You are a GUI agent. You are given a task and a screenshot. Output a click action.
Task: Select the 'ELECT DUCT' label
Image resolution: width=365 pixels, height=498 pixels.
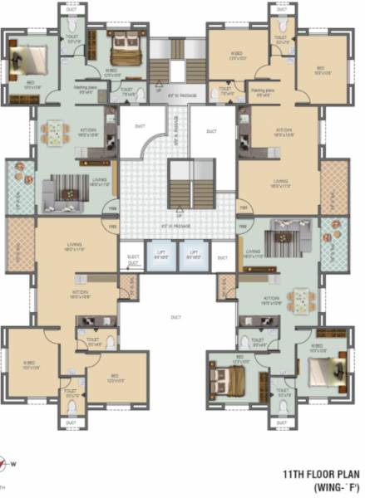pyautogui.click(x=132, y=258)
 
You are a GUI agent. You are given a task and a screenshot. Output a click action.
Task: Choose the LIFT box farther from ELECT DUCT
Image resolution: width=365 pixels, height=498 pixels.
pyautogui.click(x=192, y=256)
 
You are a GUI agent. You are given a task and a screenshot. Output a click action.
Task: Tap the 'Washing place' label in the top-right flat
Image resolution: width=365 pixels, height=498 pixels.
pyautogui.click(x=264, y=89)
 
